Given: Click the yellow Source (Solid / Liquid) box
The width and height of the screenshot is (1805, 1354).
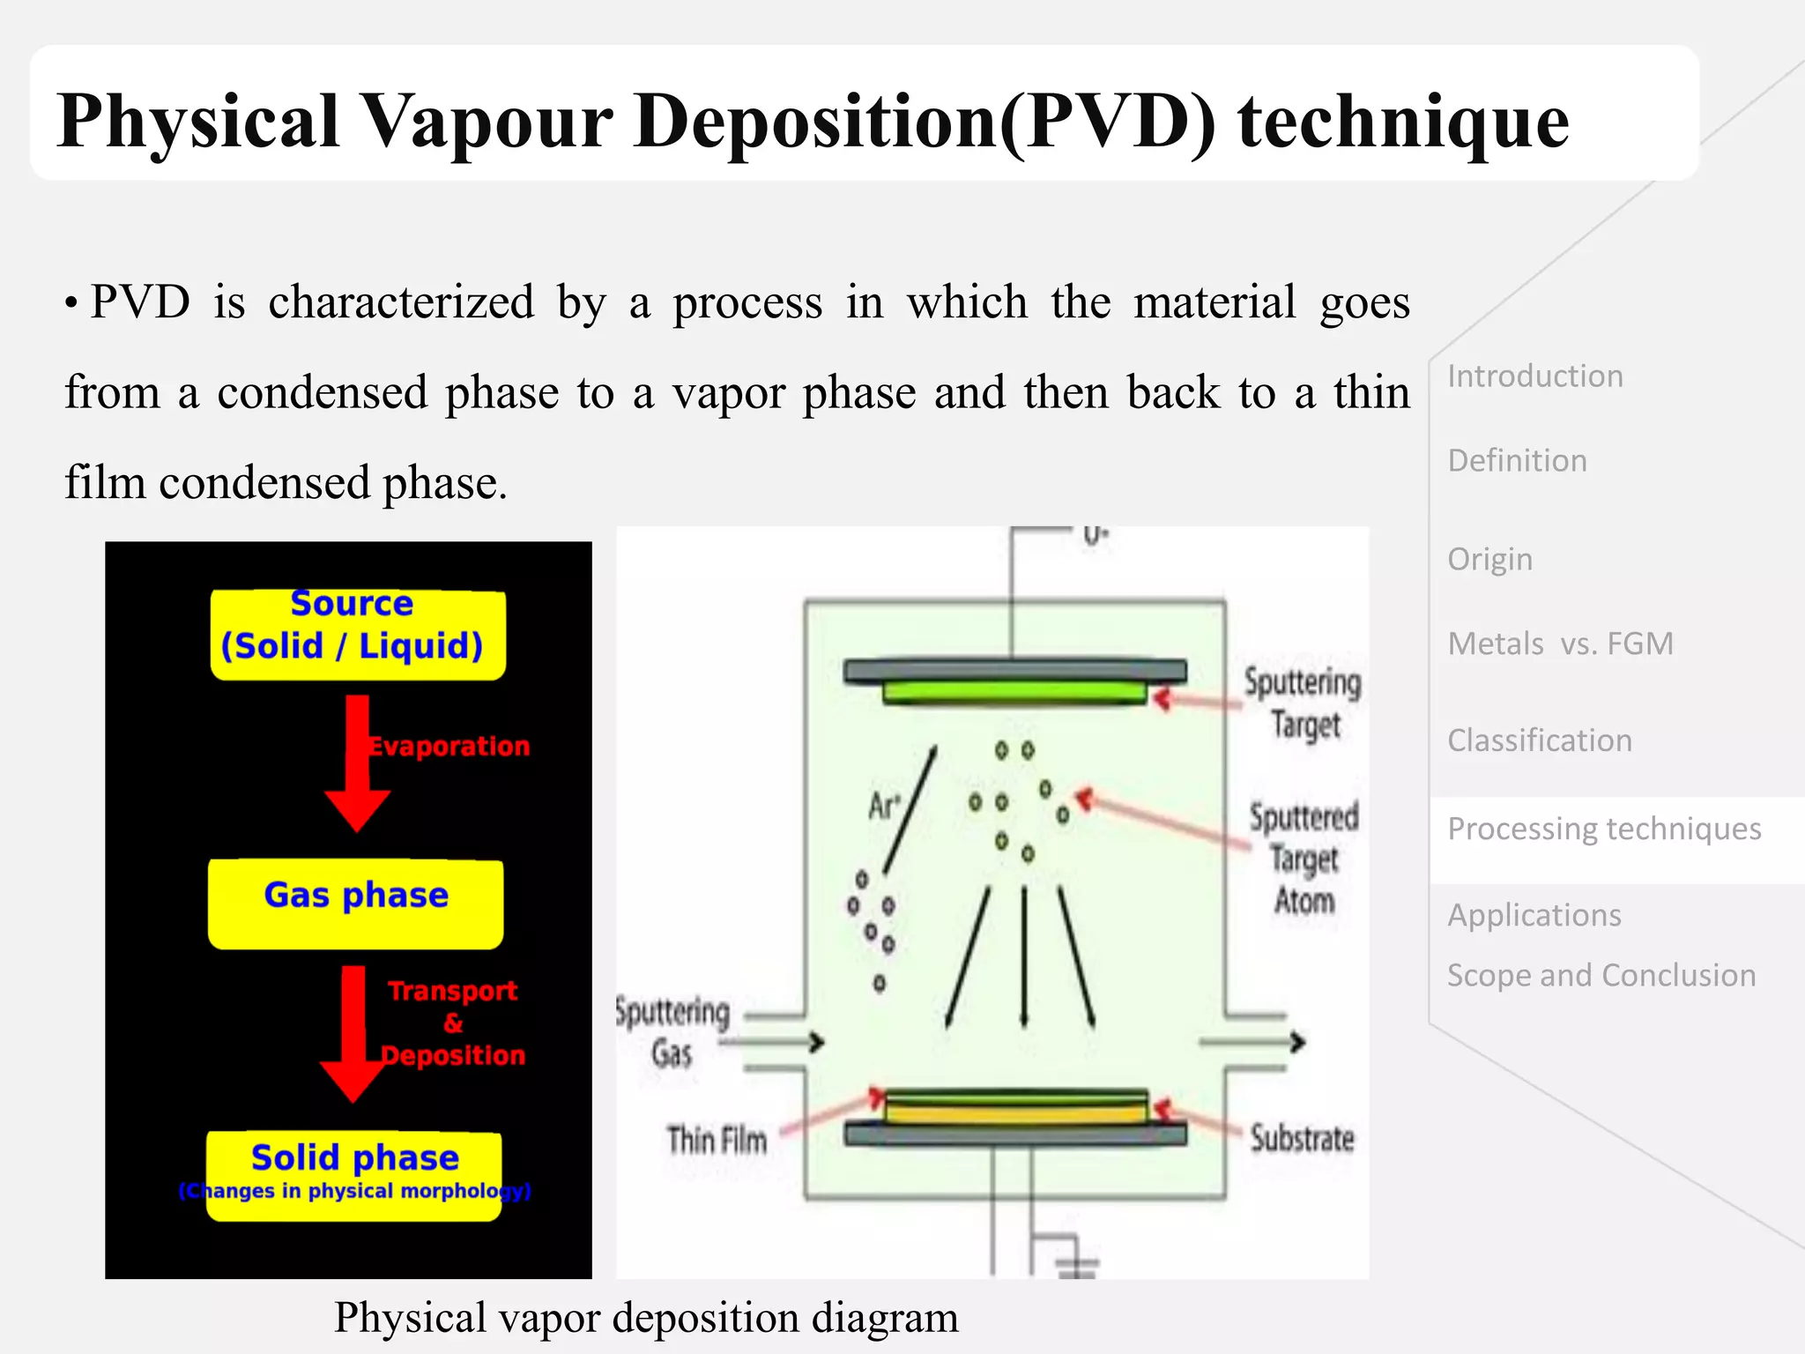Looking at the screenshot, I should point(357,634).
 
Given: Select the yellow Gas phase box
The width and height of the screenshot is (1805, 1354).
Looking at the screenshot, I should point(355,904).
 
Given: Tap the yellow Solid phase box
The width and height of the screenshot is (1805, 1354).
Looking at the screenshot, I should point(354,1175).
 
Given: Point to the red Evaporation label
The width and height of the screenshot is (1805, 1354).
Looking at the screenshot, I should point(449,747).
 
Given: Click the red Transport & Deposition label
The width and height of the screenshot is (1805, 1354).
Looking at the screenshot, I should point(453,1023).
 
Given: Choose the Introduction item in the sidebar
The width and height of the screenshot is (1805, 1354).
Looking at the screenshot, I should point(1534,376).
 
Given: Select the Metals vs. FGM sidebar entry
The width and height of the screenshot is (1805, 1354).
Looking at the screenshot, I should point(1560,644).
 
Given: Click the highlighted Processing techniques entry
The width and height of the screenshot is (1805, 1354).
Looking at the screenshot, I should point(1604,830).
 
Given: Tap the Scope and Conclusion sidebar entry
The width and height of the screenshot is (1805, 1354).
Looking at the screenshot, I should point(1601,976).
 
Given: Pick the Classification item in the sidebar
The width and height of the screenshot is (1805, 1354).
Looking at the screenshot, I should point(1540,740).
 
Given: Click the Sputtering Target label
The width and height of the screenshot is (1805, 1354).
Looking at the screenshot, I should point(1303,703).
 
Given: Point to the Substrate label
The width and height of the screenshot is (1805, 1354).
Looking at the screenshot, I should point(1302,1139).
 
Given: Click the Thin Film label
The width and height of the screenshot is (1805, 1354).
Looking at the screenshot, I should point(717,1140).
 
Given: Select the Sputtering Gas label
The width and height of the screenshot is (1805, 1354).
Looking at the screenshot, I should point(672,1031).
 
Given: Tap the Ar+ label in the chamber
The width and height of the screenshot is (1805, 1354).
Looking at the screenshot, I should point(884,805).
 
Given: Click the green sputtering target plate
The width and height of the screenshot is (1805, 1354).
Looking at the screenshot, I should point(1014,693).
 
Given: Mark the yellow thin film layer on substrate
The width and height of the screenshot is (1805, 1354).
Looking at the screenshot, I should point(1015,1113).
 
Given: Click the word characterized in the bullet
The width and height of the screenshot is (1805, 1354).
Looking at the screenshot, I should point(401,302).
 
